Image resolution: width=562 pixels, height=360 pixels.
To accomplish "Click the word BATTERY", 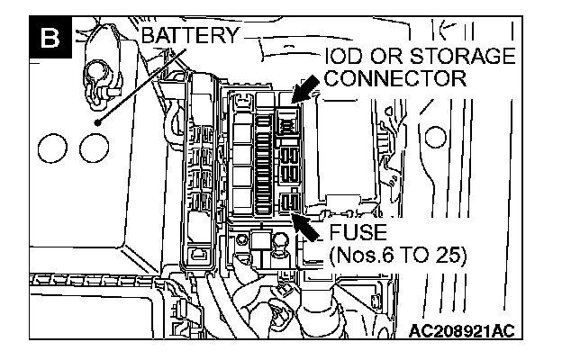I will (x=188, y=36).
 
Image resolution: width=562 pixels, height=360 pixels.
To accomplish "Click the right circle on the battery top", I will (x=92, y=147).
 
